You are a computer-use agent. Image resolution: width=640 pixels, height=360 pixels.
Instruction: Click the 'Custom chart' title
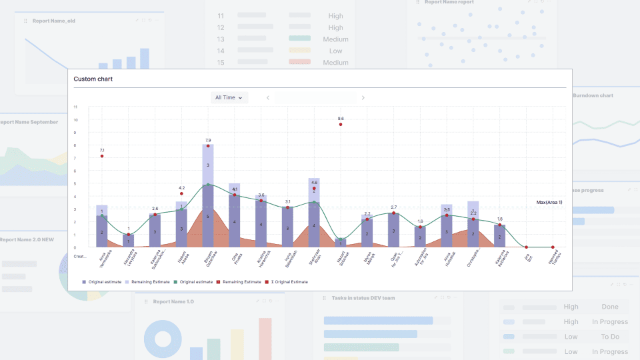pyautogui.click(x=93, y=79)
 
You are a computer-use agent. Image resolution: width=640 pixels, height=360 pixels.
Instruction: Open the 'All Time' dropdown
pyautogui.click(x=229, y=97)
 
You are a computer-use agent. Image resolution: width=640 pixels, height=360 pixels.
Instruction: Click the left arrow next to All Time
pyautogui.click(x=268, y=98)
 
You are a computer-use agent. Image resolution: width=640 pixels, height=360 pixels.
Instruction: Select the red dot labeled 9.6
pyautogui.click(x=341, y=124)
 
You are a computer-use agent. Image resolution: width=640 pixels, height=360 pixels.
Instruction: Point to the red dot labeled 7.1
pyautogui.click(x=102, y=156)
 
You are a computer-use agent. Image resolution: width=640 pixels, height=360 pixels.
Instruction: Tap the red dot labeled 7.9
pyautogui.click(x=208, y=146)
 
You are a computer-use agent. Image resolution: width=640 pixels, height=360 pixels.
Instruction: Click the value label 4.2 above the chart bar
pyautogui.click(x=181, y=188)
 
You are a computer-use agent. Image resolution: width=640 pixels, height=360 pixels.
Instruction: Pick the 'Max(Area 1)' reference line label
pyautogui.click(x=549, y=202)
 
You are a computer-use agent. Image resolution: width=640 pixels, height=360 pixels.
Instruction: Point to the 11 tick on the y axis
pyautogui.click(x=76, y=107)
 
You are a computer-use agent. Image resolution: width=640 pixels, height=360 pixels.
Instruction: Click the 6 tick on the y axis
pyautogui.click(x=76, y=171)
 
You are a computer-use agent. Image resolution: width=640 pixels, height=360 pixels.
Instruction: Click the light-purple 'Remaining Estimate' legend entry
pyautogui.click(x=148, y=282)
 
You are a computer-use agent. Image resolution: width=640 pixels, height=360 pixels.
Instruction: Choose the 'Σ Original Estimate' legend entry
pyautogui.click(x=288, y=282)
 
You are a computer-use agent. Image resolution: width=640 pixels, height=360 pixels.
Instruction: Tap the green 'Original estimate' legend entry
pyautogui.click(x=195, y=282)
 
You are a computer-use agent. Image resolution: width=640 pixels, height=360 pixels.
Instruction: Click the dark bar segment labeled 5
pyautogui.click(x=208, y=216)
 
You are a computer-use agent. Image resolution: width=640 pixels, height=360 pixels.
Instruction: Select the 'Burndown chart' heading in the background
pyautogui.click(x=593, y=95)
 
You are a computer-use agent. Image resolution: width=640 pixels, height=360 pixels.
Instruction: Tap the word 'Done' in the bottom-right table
pyautogui.click(x=610, y=307)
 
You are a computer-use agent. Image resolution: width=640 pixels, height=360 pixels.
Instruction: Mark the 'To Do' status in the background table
pyautogui.click(x=610, y=337)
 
